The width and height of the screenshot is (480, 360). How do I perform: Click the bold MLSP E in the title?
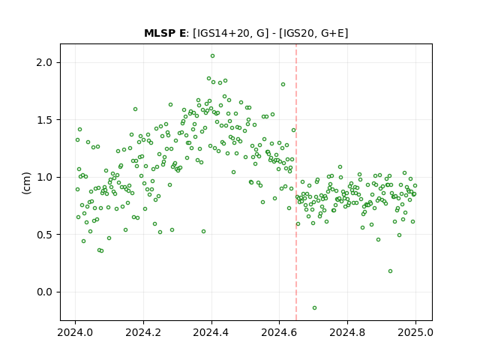(x=165, y=33)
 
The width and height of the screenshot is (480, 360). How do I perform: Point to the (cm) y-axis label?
(x=26, y=183)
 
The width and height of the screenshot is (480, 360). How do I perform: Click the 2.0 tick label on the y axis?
(x=44, y=62)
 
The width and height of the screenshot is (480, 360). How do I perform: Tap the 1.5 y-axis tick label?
(x=44, y=120)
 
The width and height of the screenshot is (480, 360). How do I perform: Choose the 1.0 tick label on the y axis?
(x=44, y=177)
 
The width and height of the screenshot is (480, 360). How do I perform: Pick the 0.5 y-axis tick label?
(x=44, y=235)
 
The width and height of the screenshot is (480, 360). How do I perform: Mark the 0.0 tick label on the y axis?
(x=44, y=292)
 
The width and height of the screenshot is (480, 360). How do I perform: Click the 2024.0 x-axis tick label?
(x=75, y=332)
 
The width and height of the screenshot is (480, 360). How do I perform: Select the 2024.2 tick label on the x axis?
(x=143, y=332)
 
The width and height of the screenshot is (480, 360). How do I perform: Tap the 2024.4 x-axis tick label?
(x=211, y=332)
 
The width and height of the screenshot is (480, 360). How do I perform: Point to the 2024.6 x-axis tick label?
(x=279, y=332)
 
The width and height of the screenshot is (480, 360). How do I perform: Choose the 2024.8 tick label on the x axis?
(x=347, y=332)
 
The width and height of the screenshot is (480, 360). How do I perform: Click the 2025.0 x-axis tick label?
(x=415, y=332)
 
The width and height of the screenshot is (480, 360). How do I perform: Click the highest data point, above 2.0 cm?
(x=212, y=56)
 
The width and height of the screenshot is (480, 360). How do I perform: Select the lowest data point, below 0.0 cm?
(x=314, y=308)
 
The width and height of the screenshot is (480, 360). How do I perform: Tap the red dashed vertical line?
(x=296, y=182)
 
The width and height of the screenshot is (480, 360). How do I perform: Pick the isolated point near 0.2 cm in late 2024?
(x=390, y=271)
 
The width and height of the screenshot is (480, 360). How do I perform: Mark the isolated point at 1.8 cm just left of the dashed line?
(x=283, y=85)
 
